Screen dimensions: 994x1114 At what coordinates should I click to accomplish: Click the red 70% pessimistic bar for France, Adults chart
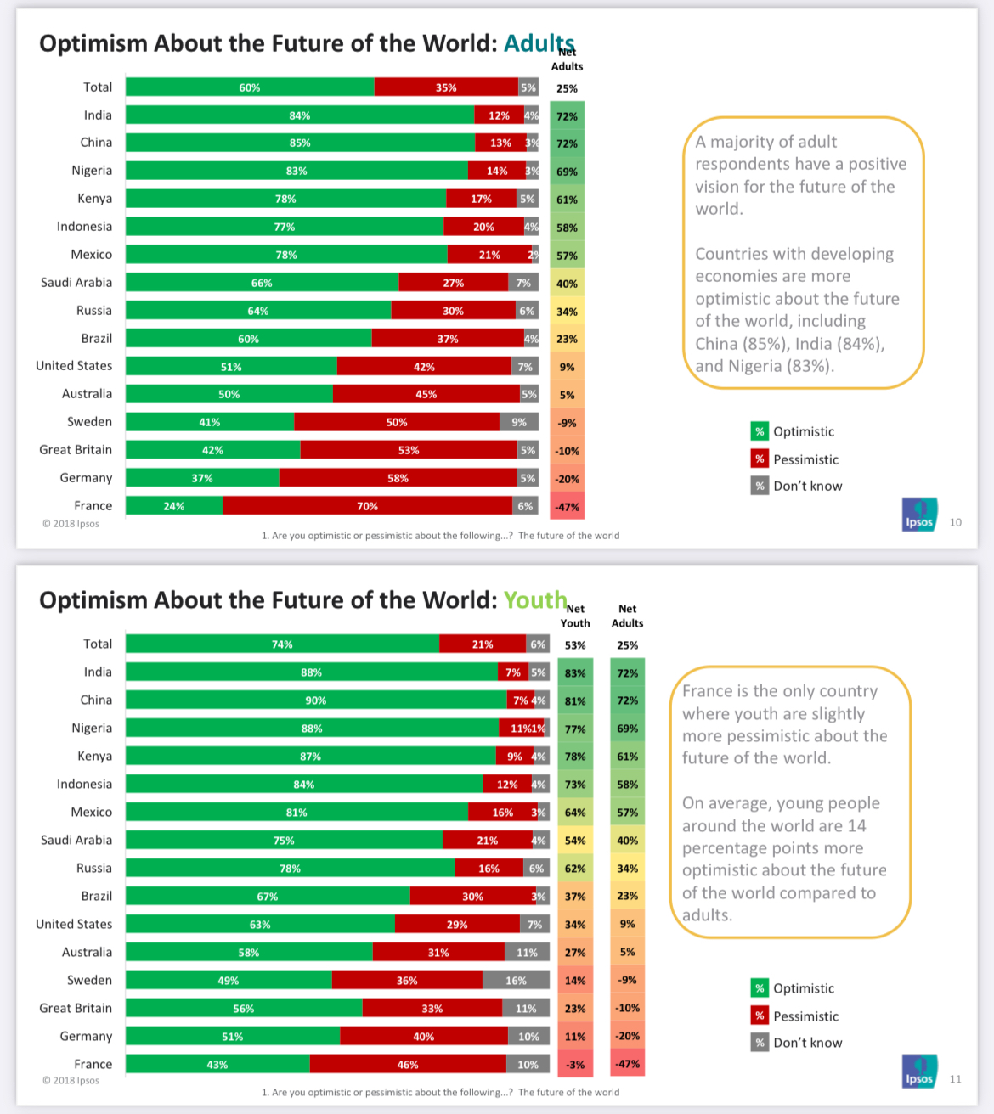coord(368,506)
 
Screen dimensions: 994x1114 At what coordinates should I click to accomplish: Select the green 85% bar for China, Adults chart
coord(301,143)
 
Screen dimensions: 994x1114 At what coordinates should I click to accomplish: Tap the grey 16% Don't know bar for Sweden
coord(516,980)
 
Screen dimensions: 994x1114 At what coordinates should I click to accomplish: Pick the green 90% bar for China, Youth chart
coord(316,700)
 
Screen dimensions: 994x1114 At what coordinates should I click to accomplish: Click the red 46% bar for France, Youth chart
coord(408,1064)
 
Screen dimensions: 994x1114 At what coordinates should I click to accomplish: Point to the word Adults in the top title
coord(539,43)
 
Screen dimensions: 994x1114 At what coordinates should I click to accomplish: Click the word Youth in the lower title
coord(535,599)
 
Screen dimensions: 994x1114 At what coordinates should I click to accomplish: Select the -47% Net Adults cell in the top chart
coord(568,506)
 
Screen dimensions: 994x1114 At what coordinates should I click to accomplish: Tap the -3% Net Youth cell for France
coord(575,1064)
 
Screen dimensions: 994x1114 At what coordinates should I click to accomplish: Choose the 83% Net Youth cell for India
coord(575,672)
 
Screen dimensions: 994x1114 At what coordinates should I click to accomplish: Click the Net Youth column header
coord(575,616)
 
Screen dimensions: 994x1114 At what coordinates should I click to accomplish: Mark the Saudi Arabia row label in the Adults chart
coord(76,282)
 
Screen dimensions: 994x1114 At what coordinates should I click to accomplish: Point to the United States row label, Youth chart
coord(74,924)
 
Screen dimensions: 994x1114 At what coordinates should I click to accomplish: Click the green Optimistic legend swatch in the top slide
coord(760,431)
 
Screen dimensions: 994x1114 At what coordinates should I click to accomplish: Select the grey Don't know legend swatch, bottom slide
coord(760,1043)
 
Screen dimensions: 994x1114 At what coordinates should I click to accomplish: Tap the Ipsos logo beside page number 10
coord(920,515)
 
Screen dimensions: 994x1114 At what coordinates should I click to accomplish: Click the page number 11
coord(956,1079)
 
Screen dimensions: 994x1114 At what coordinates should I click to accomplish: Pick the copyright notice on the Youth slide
coord(71,1080)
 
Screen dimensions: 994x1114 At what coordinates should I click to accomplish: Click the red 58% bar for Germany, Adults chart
coord(398,478)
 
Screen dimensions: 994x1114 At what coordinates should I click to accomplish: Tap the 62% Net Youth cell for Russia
coord(575,869)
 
